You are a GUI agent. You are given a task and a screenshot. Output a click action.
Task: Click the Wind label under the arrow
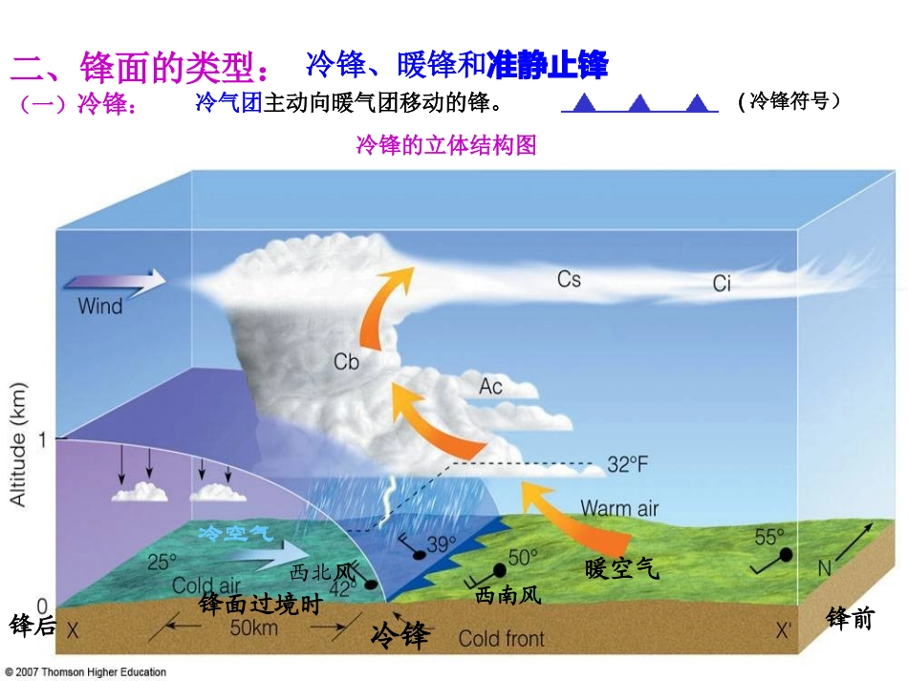pyautogui.click(x=100, y=307)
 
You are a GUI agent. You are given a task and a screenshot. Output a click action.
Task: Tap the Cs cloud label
pyautogui.click(x=569, y=279)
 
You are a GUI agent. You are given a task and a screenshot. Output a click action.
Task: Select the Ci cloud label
pyautogui.click(x=722, y=283)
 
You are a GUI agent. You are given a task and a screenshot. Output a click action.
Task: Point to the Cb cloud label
pyautogui.click(x=346, y=361)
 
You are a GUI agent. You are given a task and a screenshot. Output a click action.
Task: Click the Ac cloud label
pyautogui.click(x=490, y=386)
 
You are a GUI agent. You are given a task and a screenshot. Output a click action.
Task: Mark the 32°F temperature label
pyautogui.click(x=627, y=465)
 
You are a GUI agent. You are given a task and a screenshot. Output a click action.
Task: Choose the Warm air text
pyautogui.click(x=619, y=508)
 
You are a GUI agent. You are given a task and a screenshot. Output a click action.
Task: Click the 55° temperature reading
pyautogui.click(x=768, y=537)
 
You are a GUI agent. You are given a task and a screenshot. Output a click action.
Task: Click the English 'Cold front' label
pyautogui.click(x=501, y=638)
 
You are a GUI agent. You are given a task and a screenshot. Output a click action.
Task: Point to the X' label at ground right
pyautogui.click(x=784, y=630)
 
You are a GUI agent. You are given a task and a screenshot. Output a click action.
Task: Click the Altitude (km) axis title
pyautogui.click(x=19, y=444)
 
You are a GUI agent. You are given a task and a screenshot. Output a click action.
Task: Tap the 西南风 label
pyautogui.click(x=508, y=596)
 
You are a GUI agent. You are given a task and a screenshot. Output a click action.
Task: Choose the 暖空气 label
pyautogui.click(x=621, y=569)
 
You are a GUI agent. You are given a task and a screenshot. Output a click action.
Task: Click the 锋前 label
pyautogui.click(x=850, y=618)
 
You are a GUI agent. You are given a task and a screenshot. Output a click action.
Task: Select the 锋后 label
pyautogui.click(x=32, y=626)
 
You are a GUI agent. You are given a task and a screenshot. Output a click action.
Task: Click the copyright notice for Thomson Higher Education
pyautogui.click(x=85, y=672)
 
